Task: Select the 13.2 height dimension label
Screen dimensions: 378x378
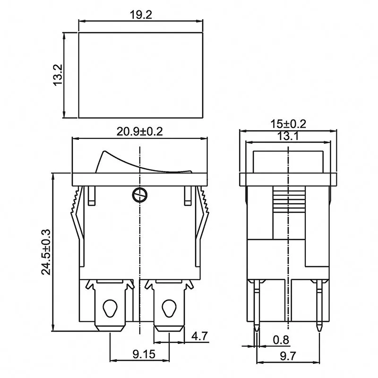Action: pyautogui.click(x=58, y=75)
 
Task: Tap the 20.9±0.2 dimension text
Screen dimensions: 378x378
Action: pyautogui.click(x=139, y=132)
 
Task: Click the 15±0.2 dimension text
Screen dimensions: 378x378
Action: pyautogui.click(x=288, y=124)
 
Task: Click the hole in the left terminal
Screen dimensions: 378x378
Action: pyautogui.click(x=111, y=309)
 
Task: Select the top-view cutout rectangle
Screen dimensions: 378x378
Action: pyautogui.click(x=140, y=75)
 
